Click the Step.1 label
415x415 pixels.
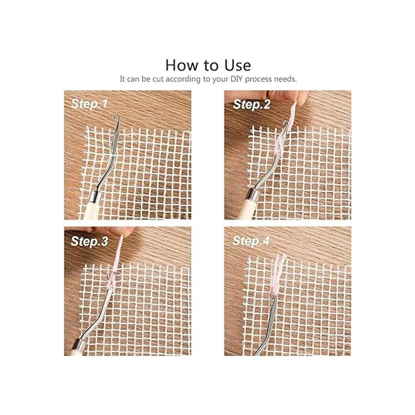click(x=89, y=104)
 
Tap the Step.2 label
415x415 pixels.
click(x=251, y=105)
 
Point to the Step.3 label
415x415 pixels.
click(x=89, y=241)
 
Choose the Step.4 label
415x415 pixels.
click(x=251, y=241)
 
